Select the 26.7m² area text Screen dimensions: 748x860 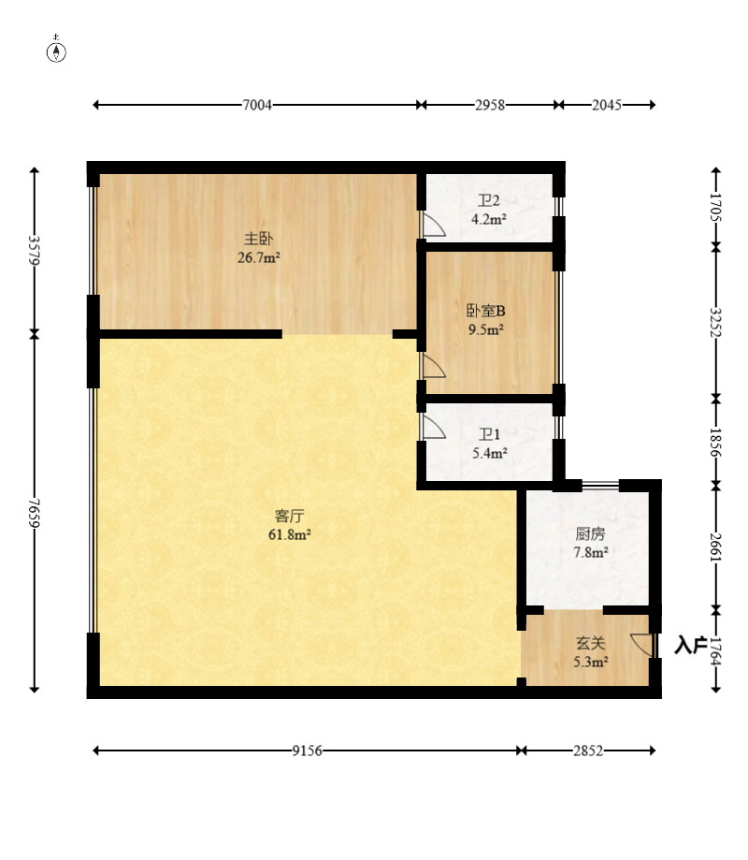tap(259, 255)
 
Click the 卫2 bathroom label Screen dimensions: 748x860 tap(489, 201)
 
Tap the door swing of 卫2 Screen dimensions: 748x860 tap(433, 226)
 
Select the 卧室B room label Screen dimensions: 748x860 tap(486, 311)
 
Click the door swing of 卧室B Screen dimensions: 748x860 tap(433, 365)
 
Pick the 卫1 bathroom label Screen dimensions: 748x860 tap(489, 435)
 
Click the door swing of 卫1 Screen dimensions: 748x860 tap(433, 428)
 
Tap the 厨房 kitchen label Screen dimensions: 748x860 tap(591, 534)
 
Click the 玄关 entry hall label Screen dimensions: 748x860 tap(590, 644)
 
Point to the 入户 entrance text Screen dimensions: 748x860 tap(690, 645)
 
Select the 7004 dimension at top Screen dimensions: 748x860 tap(257, 106)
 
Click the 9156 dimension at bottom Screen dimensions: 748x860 tap(308, 751)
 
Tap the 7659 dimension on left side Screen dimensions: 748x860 tap(35, 513)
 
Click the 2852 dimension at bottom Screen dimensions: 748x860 tap(588, 751)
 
